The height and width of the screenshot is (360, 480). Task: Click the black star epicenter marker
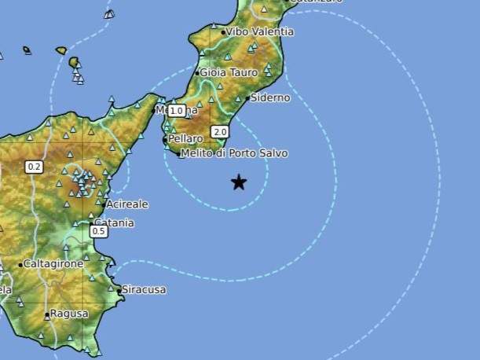(239, 183)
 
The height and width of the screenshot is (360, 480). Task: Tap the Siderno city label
(271, 98)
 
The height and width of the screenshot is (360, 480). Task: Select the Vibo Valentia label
(261, 32)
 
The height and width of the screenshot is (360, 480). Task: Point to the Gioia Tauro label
(229, 72)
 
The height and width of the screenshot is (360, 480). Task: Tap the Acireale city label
(127, 204)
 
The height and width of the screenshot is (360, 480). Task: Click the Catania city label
(115, 223)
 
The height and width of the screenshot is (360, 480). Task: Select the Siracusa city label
(145, 290)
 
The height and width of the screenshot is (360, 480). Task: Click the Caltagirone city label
(53, 264)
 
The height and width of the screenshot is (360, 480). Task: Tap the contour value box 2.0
(220, 132)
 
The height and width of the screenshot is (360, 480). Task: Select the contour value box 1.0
(176, 111)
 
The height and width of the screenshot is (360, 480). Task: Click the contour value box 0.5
(99, 231)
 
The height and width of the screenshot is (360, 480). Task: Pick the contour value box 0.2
(34, 167)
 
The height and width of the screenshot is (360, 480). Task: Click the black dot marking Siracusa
(120, 290)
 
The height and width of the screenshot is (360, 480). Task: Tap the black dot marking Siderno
(247, 99)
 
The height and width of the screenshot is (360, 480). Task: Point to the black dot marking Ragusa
(48, 315)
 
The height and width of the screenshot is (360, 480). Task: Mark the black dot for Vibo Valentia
(223, 33)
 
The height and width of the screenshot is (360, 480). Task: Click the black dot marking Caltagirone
(20, 265)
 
